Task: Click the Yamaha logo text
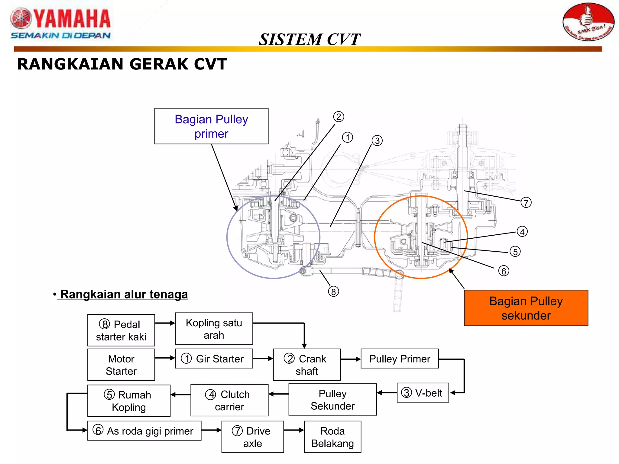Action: point(71,19)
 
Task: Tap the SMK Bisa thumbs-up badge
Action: point(588,22)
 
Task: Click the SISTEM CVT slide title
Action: point(309,40)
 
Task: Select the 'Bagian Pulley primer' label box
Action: point(211,126)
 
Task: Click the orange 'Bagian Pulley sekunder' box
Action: point(526,308)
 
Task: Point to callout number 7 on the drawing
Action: point(526,203)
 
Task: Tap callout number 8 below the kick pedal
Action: point(333,292)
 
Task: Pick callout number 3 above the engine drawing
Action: point(377,140)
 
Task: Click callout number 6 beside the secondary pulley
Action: point(504,271)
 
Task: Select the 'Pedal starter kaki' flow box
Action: point(121,330)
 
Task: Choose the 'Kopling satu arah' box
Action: point(214,329)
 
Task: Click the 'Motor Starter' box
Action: point(121,365)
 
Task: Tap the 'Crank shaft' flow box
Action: point(306,365)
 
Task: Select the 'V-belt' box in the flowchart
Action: point(423,393)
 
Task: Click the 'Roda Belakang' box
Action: point(332,437)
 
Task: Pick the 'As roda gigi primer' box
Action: point(144,431)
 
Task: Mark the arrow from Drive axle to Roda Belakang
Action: point(294,430)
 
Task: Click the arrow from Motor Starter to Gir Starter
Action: point(165,358)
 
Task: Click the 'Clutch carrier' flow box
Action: point(229,400)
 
